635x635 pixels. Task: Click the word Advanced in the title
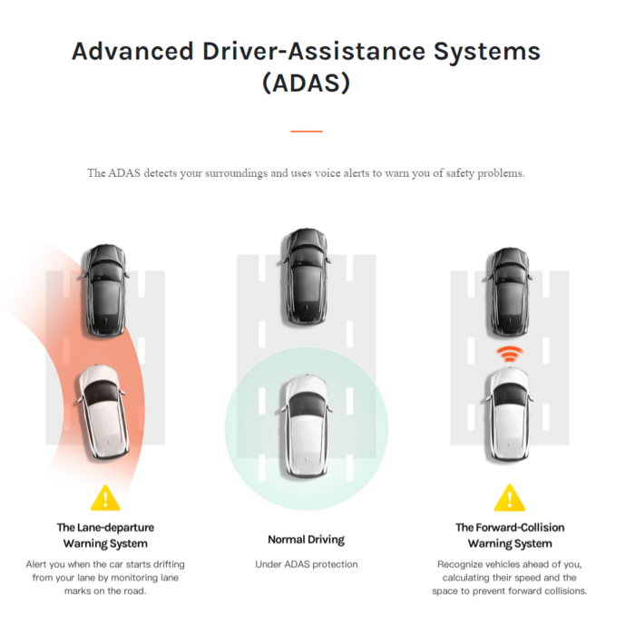click(x=132, y=52)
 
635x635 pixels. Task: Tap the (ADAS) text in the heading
click(x=307, y=83)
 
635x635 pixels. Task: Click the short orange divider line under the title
click(x=307, y=132)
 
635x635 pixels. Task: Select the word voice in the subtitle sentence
click(x=327, y=173)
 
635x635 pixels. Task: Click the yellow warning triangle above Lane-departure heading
click(x=106, y=499)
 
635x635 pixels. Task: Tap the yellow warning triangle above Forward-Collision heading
click(x=510, y=499)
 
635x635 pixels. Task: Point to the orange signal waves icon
click(x=510, y=355)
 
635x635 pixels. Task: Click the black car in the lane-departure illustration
click(x=106, y=290)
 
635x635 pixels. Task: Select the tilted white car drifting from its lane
click(x=103, y=412)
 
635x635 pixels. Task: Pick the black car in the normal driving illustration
click(x=305, y=277)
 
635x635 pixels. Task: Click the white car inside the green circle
click(x=306, y=426)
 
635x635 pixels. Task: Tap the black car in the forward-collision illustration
click(x=509, y=292)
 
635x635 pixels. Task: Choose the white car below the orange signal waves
click(x=509, y=414)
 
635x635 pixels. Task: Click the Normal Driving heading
click(x=307, y=540)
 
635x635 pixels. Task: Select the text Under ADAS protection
click(x=307, y=564)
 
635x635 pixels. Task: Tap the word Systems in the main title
click(x=487, y=53)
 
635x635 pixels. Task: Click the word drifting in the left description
click(x=169, y=564)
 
